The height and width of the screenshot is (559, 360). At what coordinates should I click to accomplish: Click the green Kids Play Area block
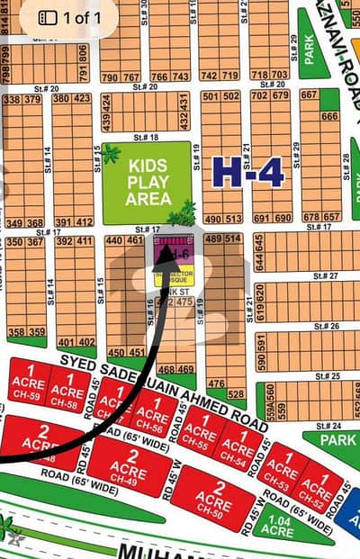point(148,183)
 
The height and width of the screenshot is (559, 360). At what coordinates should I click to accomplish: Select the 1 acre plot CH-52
point(317,485)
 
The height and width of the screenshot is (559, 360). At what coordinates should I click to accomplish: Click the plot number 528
point(236,393)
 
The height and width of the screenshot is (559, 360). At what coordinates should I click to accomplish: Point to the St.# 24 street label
point(329,426)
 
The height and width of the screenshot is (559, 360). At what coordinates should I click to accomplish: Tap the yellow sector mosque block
point(172,275)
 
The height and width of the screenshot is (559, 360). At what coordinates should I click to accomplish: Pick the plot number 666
point(329,116)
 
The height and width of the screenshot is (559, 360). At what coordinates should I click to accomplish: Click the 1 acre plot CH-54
point(238,447)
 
